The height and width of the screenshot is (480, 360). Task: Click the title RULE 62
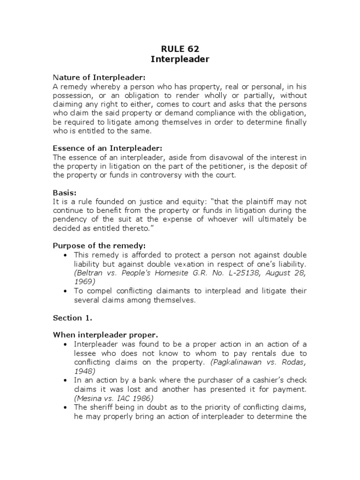point(180,48)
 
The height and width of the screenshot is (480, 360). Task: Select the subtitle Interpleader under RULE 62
point(180,59)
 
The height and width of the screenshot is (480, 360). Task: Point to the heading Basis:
point(65,193)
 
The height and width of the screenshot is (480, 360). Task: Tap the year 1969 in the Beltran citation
point(84,282)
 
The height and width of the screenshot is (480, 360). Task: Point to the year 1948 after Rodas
point(84,370)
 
